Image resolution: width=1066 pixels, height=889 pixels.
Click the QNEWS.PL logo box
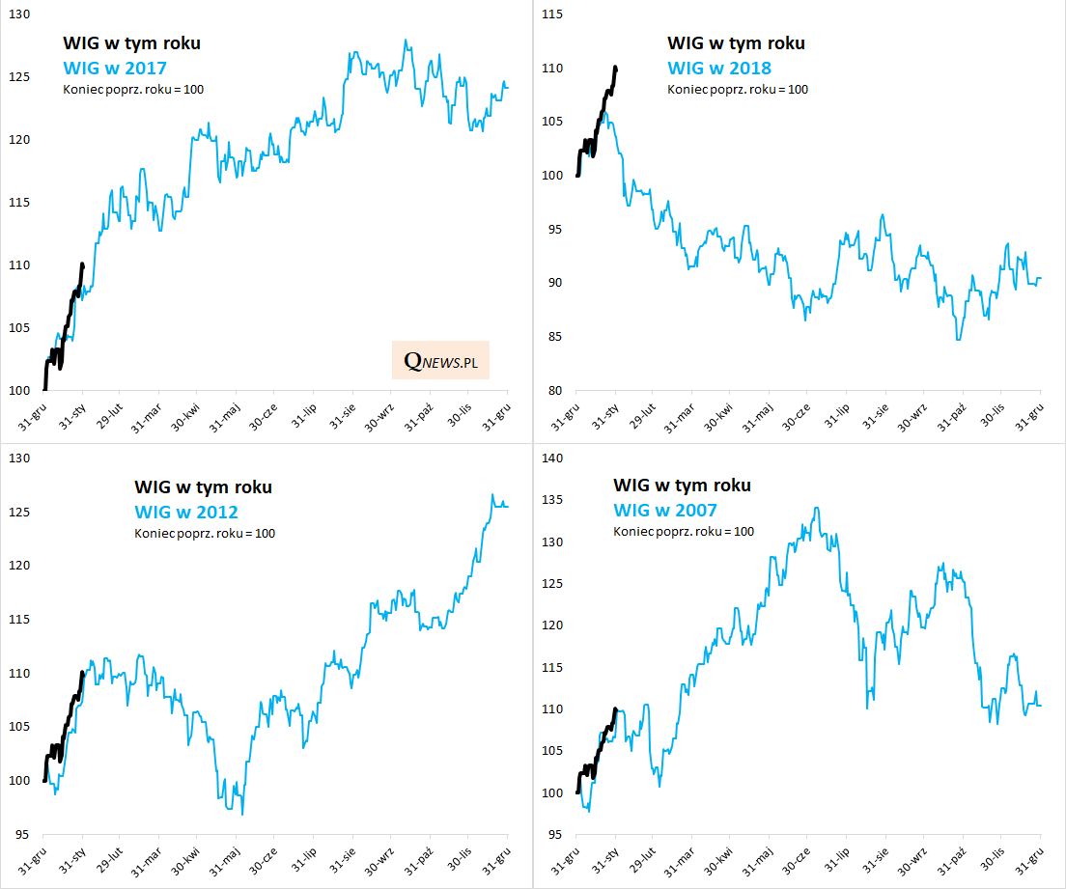440,360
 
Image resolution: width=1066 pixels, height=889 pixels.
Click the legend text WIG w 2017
115,69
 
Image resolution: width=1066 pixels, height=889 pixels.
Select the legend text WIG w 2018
719,69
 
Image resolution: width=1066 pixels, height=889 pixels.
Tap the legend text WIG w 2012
186,512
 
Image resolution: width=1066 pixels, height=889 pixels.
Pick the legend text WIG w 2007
665,510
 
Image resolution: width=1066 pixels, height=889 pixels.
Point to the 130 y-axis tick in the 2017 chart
16,14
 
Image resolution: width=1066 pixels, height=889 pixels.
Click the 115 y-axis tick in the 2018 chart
551,14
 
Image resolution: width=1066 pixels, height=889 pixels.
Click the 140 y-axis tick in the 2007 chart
551,458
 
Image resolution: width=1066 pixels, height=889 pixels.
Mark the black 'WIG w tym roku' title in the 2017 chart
131,43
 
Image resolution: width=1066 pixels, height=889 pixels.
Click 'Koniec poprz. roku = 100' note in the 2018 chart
738,90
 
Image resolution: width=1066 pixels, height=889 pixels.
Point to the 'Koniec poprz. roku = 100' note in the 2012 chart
204,533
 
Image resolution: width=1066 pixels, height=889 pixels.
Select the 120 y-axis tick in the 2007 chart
551,625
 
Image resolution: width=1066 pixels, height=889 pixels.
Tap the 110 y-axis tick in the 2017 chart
16,265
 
